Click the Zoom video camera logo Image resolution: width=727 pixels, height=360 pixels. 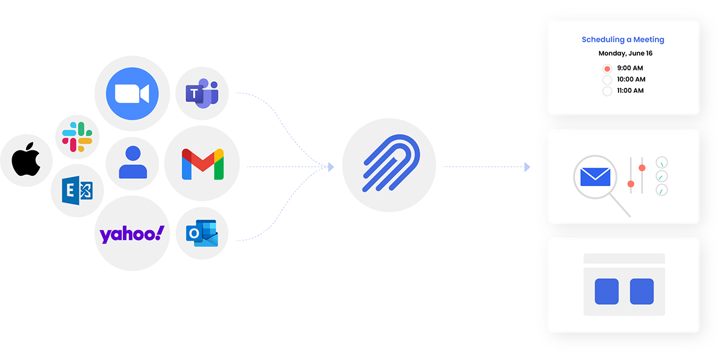(x=132, y=93)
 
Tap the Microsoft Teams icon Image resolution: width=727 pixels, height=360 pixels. (x=202, y=94)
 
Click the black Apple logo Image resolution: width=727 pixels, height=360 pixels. (x=27, y=160)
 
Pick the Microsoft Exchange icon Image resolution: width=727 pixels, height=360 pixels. (x=77, y=190)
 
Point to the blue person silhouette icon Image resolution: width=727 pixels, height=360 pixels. (x=133, y=163)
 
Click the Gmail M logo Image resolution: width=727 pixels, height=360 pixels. (x=202, y=164)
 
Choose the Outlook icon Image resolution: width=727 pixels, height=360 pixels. (x=202, y=234)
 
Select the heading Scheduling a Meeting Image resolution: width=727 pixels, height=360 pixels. (x=623, y=39)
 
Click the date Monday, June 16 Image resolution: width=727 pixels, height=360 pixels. (x=625, y=53)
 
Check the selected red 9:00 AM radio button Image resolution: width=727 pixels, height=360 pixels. (x=607, y=68)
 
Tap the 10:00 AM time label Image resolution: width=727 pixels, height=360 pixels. (x=630, y=79)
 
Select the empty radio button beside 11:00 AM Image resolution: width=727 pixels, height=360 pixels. (x=607, y=92)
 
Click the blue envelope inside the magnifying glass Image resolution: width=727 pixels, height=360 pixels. (x=595, y=176)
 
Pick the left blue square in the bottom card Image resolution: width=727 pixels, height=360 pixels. (x=606, y=291)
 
